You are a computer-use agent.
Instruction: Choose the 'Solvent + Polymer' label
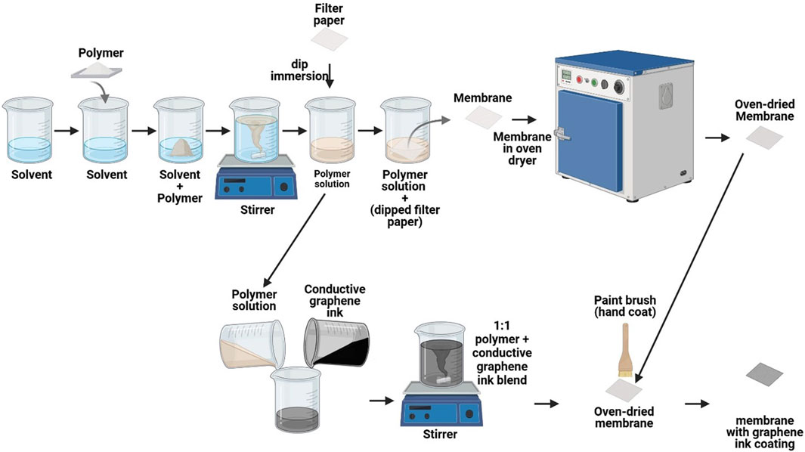coord(179,186)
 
